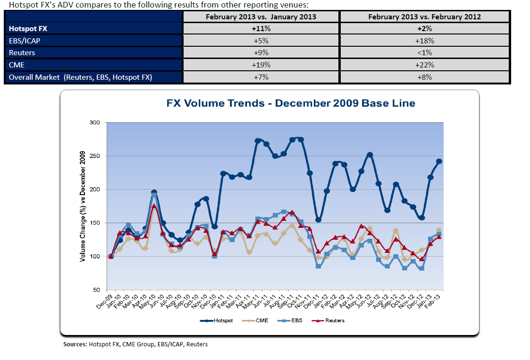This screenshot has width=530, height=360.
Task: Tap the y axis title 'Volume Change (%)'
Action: coord(82,208)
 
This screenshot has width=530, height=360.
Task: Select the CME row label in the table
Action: coord(17,65)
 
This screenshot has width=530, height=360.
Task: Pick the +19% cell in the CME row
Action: coord(261,65)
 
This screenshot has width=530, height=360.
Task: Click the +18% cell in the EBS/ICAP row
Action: coord(424,41)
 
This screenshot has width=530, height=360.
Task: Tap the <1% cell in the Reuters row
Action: coord(424,53)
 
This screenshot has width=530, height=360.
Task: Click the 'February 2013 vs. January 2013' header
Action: coord(261,17)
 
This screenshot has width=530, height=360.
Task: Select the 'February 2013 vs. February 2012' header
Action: coord(424,17)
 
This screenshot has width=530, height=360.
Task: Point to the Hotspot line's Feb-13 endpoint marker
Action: coord(439,161)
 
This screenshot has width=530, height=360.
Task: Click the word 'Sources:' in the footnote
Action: coord(75,344)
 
